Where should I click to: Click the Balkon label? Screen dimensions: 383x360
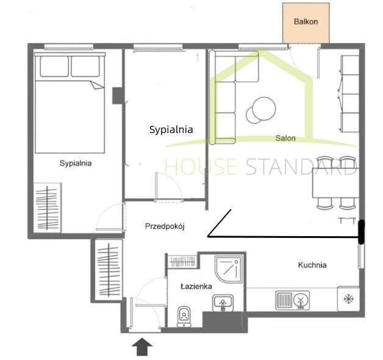click(306, 22)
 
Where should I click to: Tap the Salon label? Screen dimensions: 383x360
click(285, 138)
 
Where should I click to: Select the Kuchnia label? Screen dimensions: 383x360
click(312, 265)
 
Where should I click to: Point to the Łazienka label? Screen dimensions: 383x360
click(196, 286)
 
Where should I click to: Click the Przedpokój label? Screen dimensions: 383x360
click(165, 226)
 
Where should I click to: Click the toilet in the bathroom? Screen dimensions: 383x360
click(184, 317)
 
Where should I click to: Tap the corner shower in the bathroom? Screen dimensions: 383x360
click(229, 269)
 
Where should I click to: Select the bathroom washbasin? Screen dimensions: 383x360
click(223, 303)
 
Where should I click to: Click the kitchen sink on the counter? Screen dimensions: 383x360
click(292, 300)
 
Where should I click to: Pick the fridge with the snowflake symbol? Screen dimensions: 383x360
click(349, 298)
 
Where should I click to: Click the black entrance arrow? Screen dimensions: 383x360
click(142, 347)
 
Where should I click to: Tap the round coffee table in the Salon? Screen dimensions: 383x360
click(261, 110)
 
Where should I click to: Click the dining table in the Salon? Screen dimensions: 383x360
click(336, 182)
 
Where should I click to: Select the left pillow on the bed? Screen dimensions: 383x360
click(54, 67)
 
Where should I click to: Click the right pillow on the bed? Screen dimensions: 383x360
click(85, 67)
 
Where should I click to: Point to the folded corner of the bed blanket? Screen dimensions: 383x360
click(97, 85)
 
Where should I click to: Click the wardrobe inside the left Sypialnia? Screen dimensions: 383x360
click(47, 207)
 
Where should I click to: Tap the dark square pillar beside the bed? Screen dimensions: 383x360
click(118, 96)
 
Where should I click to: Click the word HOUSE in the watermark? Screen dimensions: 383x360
click(201, 167)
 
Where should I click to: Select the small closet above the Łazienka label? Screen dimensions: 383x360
click(183, 262)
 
